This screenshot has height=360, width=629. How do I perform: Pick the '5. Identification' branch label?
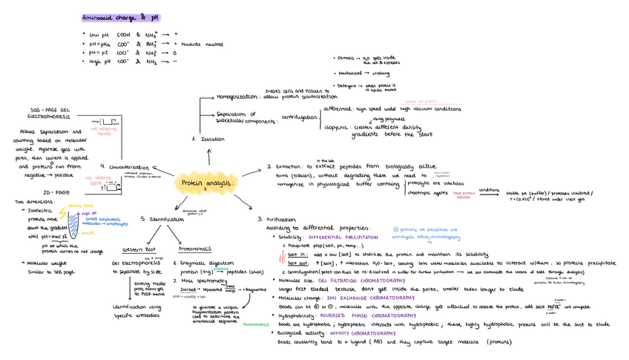point(162,220)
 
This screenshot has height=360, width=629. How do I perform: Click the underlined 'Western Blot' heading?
point(139,249)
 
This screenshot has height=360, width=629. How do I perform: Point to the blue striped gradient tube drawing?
point(77,223)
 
